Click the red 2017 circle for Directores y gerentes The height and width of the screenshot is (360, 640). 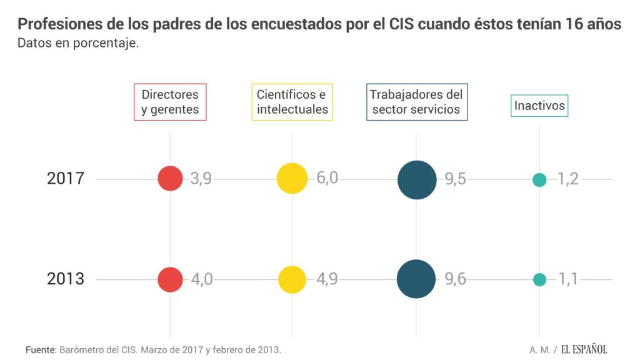pos(170,178)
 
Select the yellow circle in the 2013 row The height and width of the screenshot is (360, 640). pos(292,279)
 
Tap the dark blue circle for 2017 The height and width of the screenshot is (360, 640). pos(416,180)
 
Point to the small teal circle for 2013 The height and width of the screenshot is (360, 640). pos(539,279)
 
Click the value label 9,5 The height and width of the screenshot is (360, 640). pos(455,179)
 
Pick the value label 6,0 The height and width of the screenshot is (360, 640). pos(327,178)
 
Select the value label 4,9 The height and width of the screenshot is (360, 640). pos(326,279)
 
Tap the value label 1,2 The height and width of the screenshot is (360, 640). pos(567,179)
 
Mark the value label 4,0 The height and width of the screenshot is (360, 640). pos(201,279)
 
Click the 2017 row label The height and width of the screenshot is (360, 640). pos(66,179)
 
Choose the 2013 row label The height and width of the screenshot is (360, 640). pos(66,279)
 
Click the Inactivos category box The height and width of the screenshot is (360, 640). pos(539,106)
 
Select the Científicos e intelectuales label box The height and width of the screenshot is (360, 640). pos(292,102)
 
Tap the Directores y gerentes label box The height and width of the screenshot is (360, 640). pos(170,102)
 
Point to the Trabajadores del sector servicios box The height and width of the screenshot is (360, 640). pos(416,102)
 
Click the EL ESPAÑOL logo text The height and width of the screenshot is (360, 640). pos(583,349)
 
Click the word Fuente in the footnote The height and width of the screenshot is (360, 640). pos(41,349)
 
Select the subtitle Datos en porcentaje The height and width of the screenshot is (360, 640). pos(78,44)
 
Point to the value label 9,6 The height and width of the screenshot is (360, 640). pos(455,279)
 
